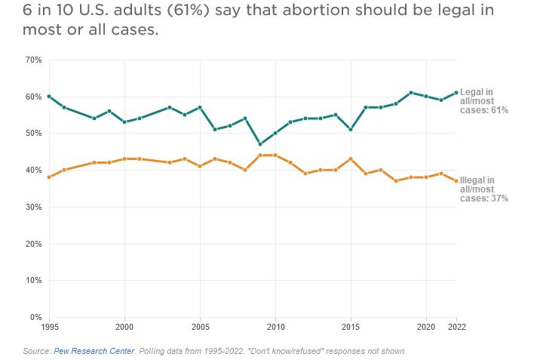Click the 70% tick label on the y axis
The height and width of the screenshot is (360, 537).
click(33, 60)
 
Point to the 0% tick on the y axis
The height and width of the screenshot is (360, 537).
click(35, 317)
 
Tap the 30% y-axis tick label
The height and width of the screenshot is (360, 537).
click(33, 207)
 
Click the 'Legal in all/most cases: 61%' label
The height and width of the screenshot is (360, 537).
click(484, 100)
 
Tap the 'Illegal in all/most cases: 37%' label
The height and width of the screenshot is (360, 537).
click(484, 189)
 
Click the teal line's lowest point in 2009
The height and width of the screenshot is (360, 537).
click(260, 144)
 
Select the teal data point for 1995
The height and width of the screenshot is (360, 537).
click(49, 97)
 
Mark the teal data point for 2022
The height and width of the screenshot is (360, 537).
click(456, 93)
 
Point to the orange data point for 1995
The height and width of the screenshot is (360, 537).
click(49, 177)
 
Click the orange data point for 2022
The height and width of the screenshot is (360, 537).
click(456, 181)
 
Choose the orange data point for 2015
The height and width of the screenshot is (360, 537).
click(351, 159)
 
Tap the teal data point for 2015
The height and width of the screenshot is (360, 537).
click(351, 130)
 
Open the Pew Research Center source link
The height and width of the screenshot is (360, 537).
click(95, 351)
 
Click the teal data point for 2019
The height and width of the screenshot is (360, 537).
click(411, 93)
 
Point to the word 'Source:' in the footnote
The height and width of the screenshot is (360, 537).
click(36, 351)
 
